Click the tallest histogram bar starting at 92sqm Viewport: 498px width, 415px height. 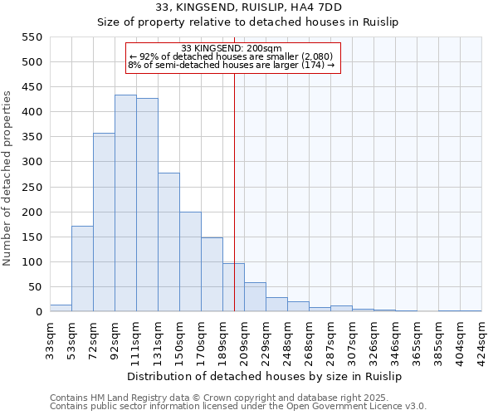coord(125,203)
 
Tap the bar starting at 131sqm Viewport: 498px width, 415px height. coord(168,242)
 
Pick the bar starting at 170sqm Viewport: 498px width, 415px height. coord(212,275)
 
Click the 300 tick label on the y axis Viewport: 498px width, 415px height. coord(32,162)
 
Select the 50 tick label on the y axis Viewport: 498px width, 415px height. coord(34,287)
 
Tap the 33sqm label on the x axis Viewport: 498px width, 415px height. coord(51,339)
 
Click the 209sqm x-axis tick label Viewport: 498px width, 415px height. coord(245,339)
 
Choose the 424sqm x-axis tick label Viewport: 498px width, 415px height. coord(482,339)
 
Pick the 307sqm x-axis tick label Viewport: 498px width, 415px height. coord(353,339)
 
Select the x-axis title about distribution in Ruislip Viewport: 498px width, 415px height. coord(266,377)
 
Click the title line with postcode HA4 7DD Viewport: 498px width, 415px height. coord(248,7)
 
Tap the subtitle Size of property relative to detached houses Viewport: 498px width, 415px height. coord(248,22)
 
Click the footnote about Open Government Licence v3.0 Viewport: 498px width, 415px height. coord(238,406)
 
